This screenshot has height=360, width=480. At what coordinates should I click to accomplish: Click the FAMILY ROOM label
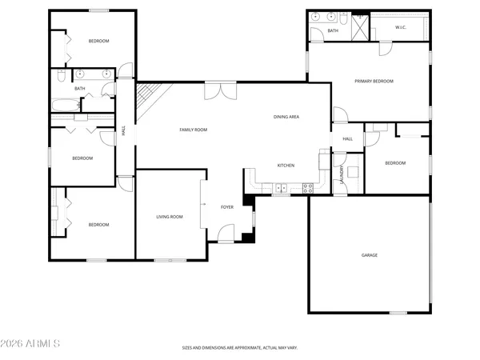[x=194, y=129]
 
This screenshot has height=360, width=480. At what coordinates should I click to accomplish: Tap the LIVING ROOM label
[x=170, y=217]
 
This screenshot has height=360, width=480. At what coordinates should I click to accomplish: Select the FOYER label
[x=227, y=207]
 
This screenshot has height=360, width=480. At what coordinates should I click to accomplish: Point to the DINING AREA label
[x=286, y=118]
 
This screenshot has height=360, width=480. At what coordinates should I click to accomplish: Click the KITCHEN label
[x=286, y=166]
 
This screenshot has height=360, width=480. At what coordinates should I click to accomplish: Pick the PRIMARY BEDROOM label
[x=374, y=81]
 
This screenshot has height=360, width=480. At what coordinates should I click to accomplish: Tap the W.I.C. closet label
[x=402, y=28]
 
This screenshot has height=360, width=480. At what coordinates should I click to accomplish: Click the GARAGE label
[x=370, y=255]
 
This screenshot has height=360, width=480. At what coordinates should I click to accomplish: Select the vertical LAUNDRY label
[x=342, y=174]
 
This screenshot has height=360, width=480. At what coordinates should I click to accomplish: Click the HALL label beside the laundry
[x=348, y=139]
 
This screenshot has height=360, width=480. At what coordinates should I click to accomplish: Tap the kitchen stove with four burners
[x=307, y=188]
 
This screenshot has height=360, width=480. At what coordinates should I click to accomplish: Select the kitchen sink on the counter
[x=281, y=189]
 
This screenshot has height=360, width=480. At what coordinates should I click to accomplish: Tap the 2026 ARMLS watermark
[x=32, y=345]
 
